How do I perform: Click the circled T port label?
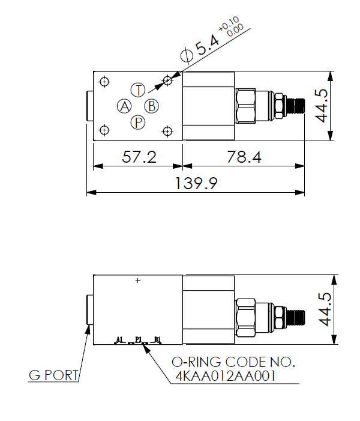(138, 90)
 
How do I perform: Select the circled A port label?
(124, 106)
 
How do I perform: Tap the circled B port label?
(152, 106)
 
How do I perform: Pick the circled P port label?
(138, 123)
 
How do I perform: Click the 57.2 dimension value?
(139, 157)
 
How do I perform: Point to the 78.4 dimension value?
(244, 157)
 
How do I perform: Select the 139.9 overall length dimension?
(196, 183)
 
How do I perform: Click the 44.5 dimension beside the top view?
(322, 106)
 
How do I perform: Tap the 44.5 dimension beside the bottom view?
(325, 309)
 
